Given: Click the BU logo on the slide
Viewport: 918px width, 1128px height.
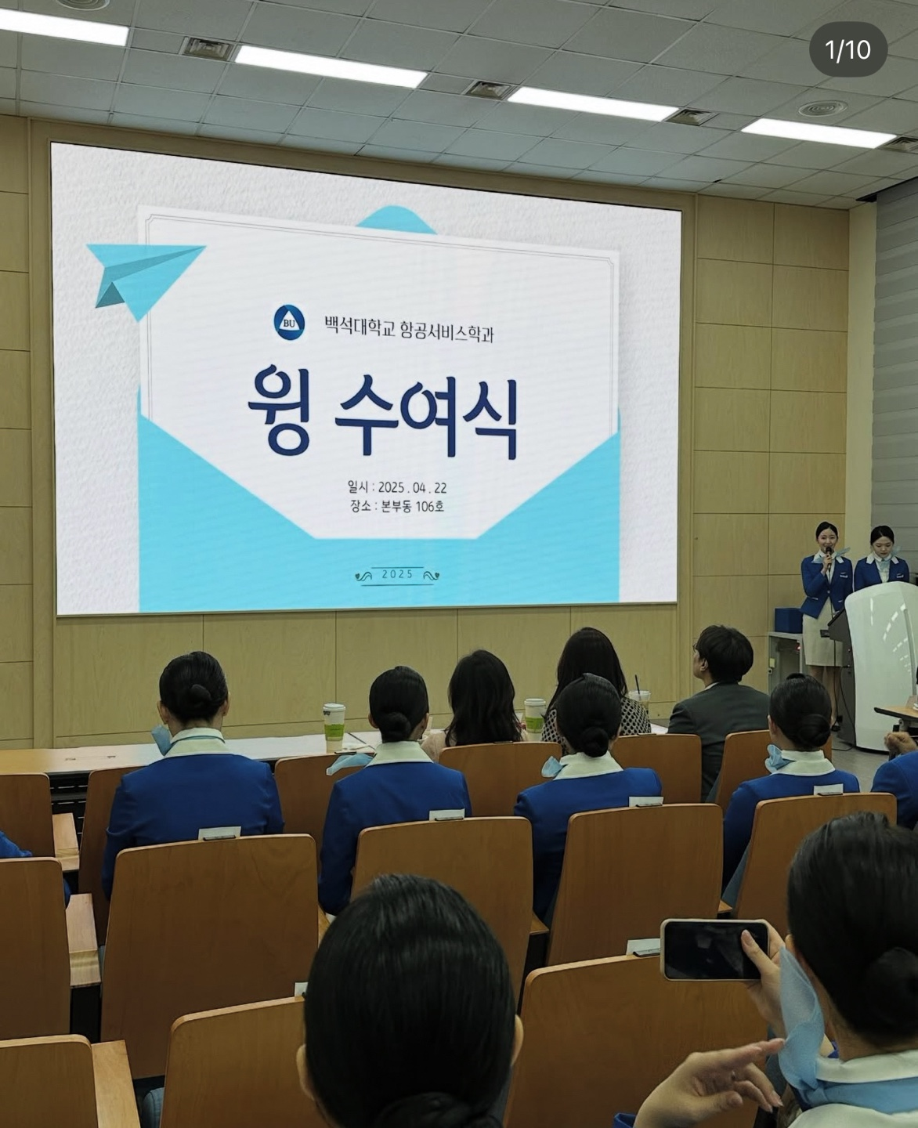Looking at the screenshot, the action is (x=289, y=323).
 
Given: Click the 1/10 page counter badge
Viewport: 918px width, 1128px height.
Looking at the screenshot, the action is (x=848, y=50).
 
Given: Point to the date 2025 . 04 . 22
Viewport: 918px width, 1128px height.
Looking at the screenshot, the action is (x=412, y=487).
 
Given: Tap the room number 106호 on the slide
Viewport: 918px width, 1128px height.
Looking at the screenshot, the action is (x=429, y=506).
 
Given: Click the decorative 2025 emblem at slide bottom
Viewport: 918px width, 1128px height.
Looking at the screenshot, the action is (x=397, y=575).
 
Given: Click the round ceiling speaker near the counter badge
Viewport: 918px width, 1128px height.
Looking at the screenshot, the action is (x=822, y=109).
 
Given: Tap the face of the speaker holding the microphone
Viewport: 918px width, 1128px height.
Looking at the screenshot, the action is (x=826, y=537).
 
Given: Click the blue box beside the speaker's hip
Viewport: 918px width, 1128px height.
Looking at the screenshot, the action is (x=788, y=620).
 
